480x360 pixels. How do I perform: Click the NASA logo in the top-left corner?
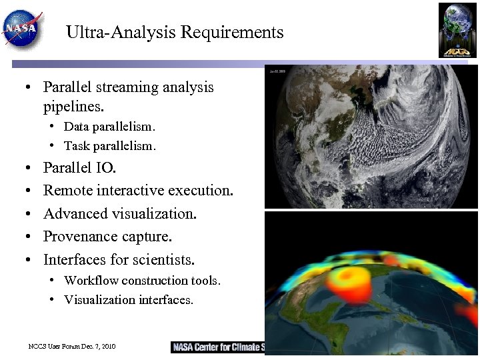(23, 29)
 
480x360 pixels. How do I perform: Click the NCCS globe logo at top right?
(457, 30)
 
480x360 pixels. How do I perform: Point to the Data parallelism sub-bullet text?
(109, 127)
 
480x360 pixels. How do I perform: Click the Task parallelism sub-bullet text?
(110, 146)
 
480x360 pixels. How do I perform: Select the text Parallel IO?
(79, 167)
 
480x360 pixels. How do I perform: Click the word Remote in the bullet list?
(68, 191)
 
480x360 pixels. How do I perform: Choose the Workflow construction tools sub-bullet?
(142, 281)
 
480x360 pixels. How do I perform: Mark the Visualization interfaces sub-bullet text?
(129, 300)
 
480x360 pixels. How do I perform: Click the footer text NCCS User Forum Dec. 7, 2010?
(72, 347)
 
